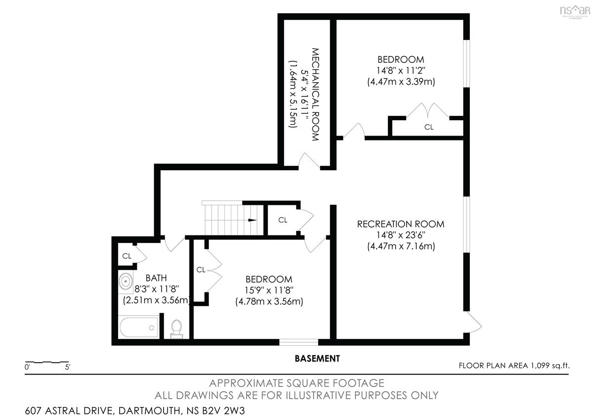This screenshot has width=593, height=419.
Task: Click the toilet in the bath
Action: [176, 328]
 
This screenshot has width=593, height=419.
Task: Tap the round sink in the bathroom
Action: [126, 281]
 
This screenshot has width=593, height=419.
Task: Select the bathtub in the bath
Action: [138, 327]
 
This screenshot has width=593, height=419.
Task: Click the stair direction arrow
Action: [253, 220]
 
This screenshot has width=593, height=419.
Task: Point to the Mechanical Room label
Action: [315, 94]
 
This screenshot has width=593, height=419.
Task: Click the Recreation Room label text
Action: [401, 224]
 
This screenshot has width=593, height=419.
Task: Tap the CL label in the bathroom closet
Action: [127, 256]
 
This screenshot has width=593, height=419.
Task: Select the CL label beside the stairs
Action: [283, 220]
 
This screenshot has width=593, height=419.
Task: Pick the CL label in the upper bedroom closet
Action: [428, 127]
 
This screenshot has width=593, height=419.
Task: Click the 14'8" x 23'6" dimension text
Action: [401, 235]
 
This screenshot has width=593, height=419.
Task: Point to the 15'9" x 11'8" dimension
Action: [269, 290]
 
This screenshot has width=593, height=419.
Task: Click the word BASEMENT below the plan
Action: [317, 359]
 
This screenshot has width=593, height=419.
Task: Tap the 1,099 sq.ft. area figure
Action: [550, 366]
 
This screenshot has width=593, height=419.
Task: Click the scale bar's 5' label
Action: [68, 368]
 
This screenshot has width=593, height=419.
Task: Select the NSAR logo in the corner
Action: [575, 11]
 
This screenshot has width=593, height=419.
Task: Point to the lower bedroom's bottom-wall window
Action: [298, 342]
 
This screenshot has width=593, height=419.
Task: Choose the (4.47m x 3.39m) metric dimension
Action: [401, 82]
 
